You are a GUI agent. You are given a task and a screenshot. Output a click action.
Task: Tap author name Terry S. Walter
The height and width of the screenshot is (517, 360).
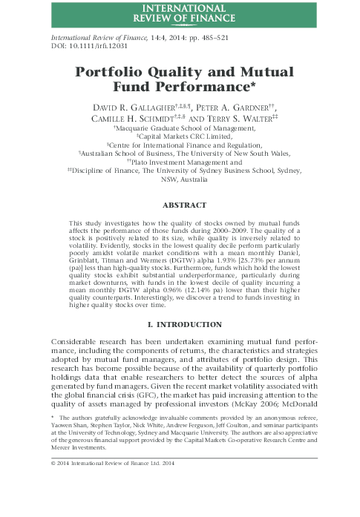coord(241,122)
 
